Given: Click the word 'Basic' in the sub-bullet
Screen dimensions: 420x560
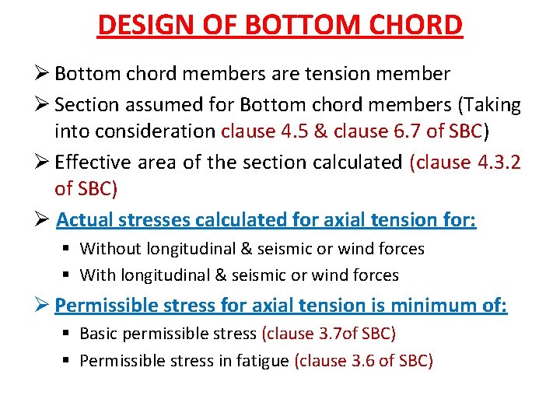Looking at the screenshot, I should click(x=100, y=334).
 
